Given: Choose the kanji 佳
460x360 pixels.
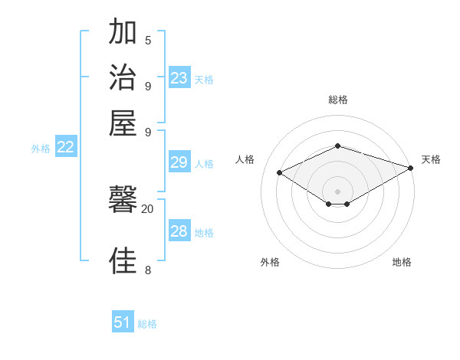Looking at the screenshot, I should (x=123, y=261).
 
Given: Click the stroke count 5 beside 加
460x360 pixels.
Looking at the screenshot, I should (x=148, y=41).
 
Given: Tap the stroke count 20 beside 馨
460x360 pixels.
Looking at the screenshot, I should (x=147, y=208).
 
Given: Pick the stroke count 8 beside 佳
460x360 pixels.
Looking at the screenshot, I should (x=148, y=270).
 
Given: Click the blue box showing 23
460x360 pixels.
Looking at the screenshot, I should (x=179, y=78).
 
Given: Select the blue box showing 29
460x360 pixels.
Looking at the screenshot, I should (x=179, y=162).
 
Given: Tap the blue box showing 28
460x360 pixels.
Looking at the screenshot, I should (x=179, y=231).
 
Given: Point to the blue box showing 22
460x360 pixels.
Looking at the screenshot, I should (x=65, y=148).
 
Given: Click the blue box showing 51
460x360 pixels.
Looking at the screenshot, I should (x=123, y=322).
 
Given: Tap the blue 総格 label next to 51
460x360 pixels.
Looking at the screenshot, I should (x=147, y=324).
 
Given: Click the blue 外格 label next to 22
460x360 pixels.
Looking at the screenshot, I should (x=41, y=149).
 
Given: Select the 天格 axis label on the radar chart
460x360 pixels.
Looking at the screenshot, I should (x=431, y=159).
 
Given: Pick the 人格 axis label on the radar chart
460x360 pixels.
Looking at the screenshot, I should (x=245, y=159).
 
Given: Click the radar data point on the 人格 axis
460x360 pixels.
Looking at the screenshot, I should (x=280, y=173).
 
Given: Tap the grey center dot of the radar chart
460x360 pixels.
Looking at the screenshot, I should (x=337, y=191).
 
